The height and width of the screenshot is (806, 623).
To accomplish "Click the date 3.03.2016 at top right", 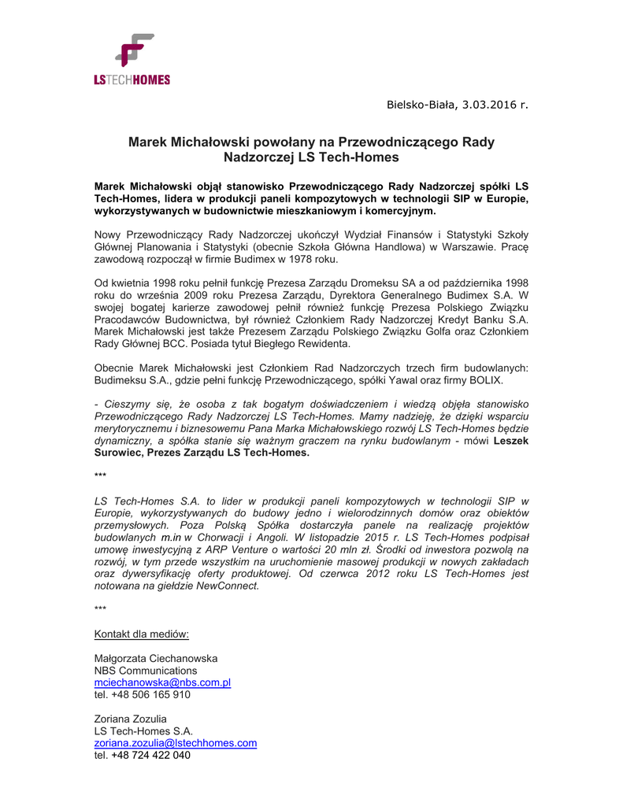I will tap(490, 103).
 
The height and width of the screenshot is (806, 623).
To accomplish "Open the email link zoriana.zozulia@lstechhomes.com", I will tap(176, 743).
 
